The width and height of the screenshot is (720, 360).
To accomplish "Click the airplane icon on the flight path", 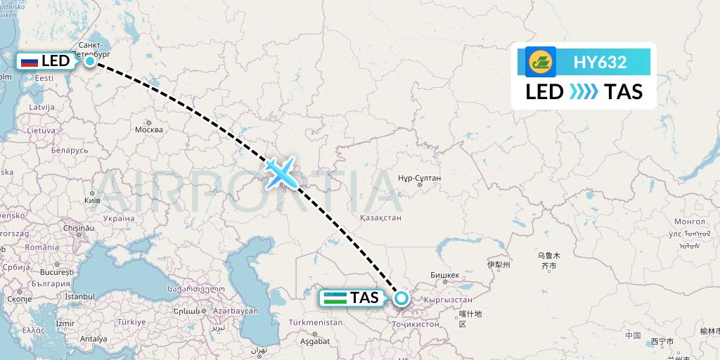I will (281, 172).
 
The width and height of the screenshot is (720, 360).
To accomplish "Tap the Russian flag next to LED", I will (30, 61).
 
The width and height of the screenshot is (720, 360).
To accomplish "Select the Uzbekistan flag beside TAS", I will (335, 297).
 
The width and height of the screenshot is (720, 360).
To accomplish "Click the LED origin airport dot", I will (90, 61).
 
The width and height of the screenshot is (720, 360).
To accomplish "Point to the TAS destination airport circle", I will (401, 298).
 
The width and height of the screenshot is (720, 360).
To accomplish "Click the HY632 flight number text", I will (600, 62).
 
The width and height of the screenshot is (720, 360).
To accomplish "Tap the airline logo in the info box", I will (540, 62).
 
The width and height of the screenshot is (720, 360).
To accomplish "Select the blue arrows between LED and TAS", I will (584, 92).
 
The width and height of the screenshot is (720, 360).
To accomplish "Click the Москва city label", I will (148, 129).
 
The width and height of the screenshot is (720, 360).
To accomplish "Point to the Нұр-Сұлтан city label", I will (419, 178).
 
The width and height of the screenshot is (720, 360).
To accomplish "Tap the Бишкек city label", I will (444, 275).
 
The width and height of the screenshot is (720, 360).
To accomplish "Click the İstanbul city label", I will (79, 297).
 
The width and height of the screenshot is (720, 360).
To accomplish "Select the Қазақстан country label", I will (380, 219).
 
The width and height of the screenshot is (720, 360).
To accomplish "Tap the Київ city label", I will (92, 200).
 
